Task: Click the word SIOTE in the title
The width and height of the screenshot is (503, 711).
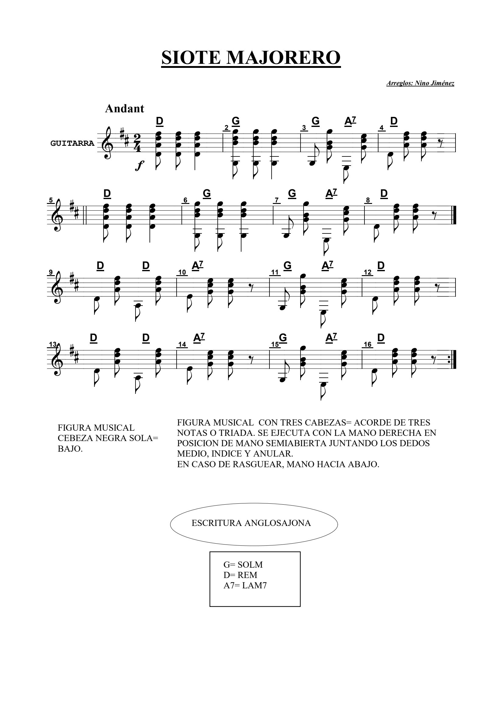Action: tap(191, 57)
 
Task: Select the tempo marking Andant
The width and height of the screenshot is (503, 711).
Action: tap(125, 109)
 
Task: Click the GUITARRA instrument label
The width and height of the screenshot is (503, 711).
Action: tap(72, 143)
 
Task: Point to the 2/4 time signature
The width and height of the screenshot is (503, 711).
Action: tap(137, 143)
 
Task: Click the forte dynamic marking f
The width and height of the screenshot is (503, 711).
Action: tap(139, 166)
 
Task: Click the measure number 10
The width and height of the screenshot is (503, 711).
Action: tap(182, 272)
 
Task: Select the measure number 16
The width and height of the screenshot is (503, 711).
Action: tap(368, 345)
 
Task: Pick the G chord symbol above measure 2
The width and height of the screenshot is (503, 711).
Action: tap(236, 121)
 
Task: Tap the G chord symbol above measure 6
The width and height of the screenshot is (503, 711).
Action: tap(207, 194)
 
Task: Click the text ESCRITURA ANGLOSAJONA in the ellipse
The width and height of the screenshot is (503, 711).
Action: tap(251, 523)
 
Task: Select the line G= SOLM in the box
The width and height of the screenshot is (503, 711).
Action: tap(243, 565)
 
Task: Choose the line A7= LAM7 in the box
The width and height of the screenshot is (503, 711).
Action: tap(245, 585)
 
